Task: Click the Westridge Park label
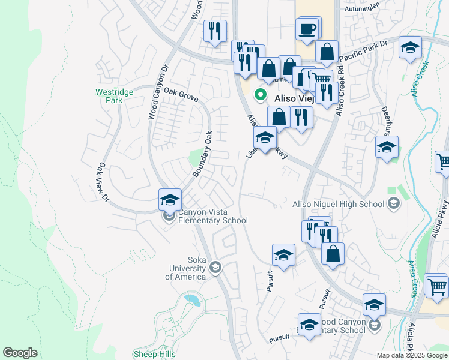[x=109, y=96]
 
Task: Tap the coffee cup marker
[x=307, y=29]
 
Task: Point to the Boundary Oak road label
[x=203, y=154]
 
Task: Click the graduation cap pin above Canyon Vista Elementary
[x=170, y=199]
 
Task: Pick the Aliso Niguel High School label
[x=338, y=204]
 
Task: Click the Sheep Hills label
[x=154, y=354]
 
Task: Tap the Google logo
[x=20, y=353]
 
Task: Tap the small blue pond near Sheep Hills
[x=192, y=298]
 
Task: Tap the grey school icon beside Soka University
[x=215, y=268]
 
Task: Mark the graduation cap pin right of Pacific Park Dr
[x=410, y=48]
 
